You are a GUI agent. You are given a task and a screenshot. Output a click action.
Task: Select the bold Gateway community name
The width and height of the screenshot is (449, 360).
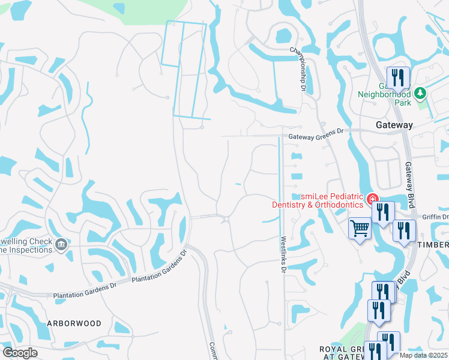click(394, 125)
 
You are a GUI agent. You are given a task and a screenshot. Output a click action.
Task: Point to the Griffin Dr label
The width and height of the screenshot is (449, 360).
click(436, 217)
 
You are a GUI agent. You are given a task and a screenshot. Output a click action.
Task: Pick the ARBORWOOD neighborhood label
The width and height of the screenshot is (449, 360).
click(74, 323)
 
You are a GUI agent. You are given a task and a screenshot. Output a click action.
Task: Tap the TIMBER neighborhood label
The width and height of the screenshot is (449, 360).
click(433, 245)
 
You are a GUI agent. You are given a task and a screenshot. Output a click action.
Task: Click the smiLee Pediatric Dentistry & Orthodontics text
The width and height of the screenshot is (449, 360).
click(318, 200)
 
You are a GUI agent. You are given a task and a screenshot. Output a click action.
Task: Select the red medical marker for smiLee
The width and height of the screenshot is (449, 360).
click(373, 197)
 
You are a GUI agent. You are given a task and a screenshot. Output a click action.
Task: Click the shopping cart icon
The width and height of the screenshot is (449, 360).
click(360, 228)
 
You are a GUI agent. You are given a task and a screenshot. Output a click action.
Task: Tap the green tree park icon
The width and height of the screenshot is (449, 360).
click(420, 93)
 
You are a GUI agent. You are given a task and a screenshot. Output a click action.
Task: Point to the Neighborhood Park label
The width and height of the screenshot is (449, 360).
click(384, 98)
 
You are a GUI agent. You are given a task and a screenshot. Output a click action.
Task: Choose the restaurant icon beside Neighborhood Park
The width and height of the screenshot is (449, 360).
click(398, 77)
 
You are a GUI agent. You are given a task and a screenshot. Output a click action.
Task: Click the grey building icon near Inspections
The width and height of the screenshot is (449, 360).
click(61, 244)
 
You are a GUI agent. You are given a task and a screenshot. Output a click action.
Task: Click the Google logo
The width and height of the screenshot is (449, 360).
click(20, 353)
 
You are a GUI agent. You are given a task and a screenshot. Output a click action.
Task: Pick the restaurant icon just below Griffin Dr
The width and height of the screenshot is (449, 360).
click(404, 230)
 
